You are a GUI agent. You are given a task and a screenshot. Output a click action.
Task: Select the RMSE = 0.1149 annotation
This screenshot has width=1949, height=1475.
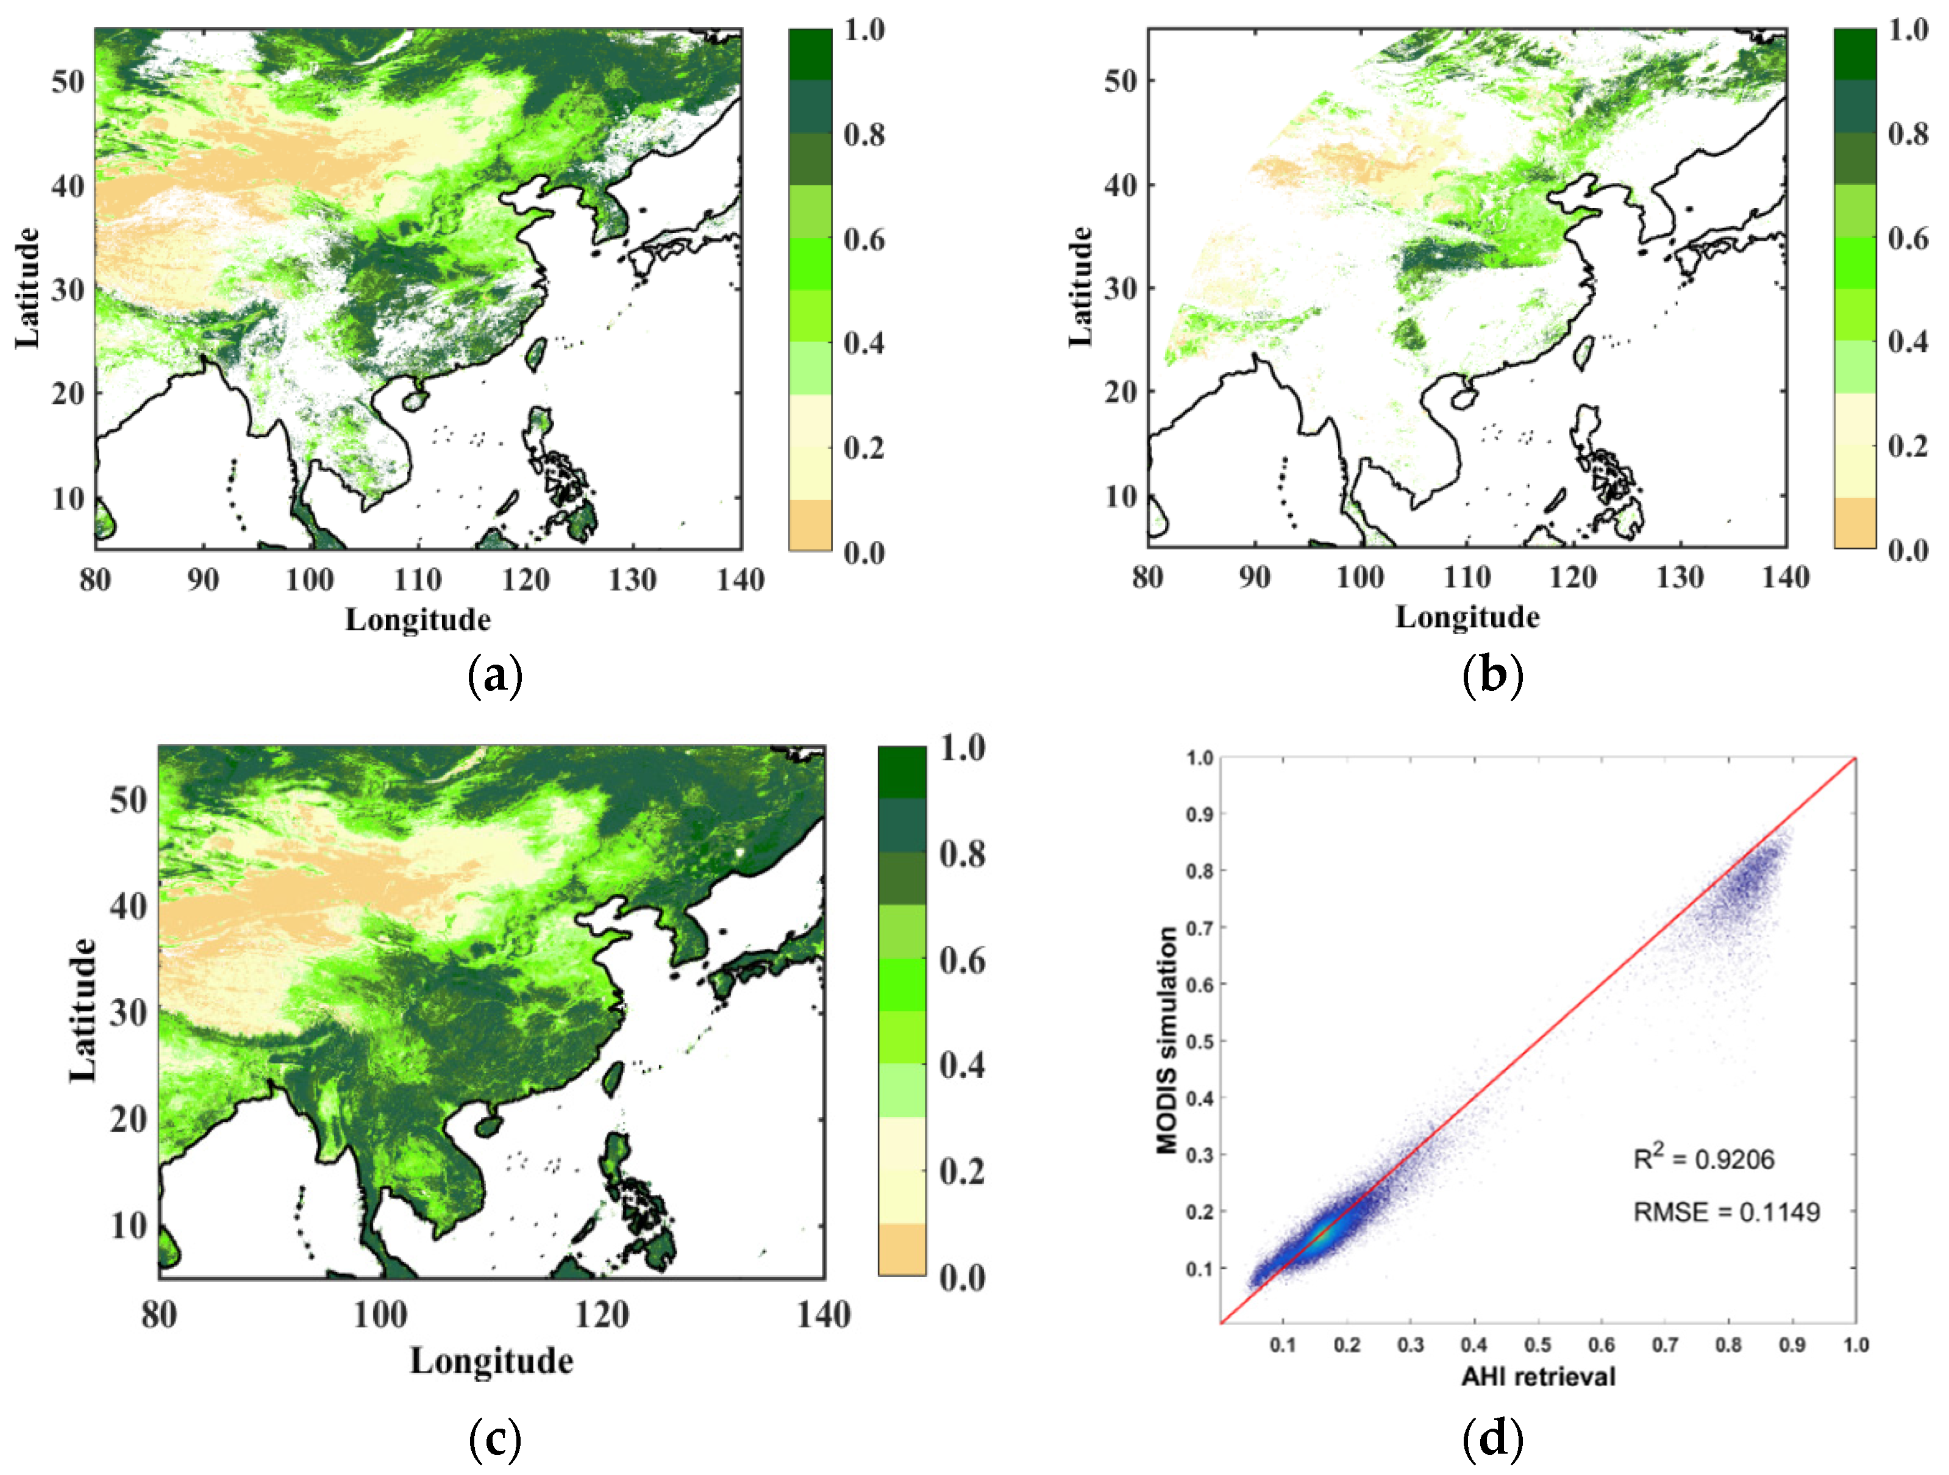click(1726, 1212)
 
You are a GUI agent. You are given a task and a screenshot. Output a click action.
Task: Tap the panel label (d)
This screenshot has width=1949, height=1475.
click(1492, 1437)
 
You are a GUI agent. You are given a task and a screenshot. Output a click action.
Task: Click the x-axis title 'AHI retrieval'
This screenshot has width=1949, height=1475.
click(1537, 1376)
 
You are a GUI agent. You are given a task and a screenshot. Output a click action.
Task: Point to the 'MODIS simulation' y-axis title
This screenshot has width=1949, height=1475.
click(1167, 1040)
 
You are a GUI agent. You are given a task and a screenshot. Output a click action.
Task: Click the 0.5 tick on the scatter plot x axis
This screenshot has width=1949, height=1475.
click(1537, 1345)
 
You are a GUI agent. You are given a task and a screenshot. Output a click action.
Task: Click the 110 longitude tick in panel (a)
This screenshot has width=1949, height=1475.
click(418, 580)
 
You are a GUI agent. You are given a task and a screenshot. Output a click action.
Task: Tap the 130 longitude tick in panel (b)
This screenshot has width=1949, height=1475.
click(1680, 577)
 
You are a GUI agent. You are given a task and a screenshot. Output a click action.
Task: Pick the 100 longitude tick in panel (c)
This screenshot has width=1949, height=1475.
click(380, 1315)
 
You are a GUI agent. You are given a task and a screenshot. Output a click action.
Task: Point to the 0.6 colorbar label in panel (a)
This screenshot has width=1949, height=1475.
click(863, 239)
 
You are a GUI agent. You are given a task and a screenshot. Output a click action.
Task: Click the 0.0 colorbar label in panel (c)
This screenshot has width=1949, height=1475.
click(961, 1277)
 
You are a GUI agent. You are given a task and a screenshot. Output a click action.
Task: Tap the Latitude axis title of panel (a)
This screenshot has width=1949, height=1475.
click(27, 288)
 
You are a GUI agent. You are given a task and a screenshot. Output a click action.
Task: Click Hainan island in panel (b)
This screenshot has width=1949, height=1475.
click(1464, 399)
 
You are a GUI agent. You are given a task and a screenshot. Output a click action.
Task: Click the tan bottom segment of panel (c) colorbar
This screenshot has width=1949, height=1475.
click(902, 1249)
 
